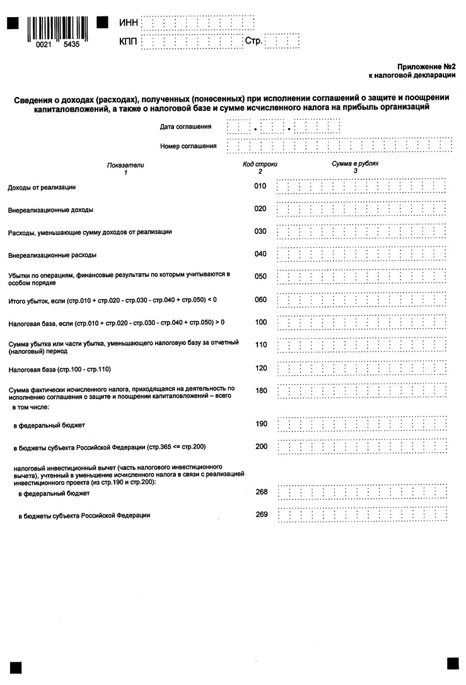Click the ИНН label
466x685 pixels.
pos(128,23)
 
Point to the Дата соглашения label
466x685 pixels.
pos(185,127)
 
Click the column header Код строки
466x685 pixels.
pos(260,164)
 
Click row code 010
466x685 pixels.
pos(260,186)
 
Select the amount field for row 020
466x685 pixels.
pos(361,209)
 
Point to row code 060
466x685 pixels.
pos(260,300)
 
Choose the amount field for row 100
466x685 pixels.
pos(361,323)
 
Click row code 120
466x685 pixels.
pos(260,368)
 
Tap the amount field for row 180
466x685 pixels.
pos(361,391)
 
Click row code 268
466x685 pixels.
pos(262,491)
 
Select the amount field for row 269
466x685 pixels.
pos(361,515)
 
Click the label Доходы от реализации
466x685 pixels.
pos(42,187)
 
